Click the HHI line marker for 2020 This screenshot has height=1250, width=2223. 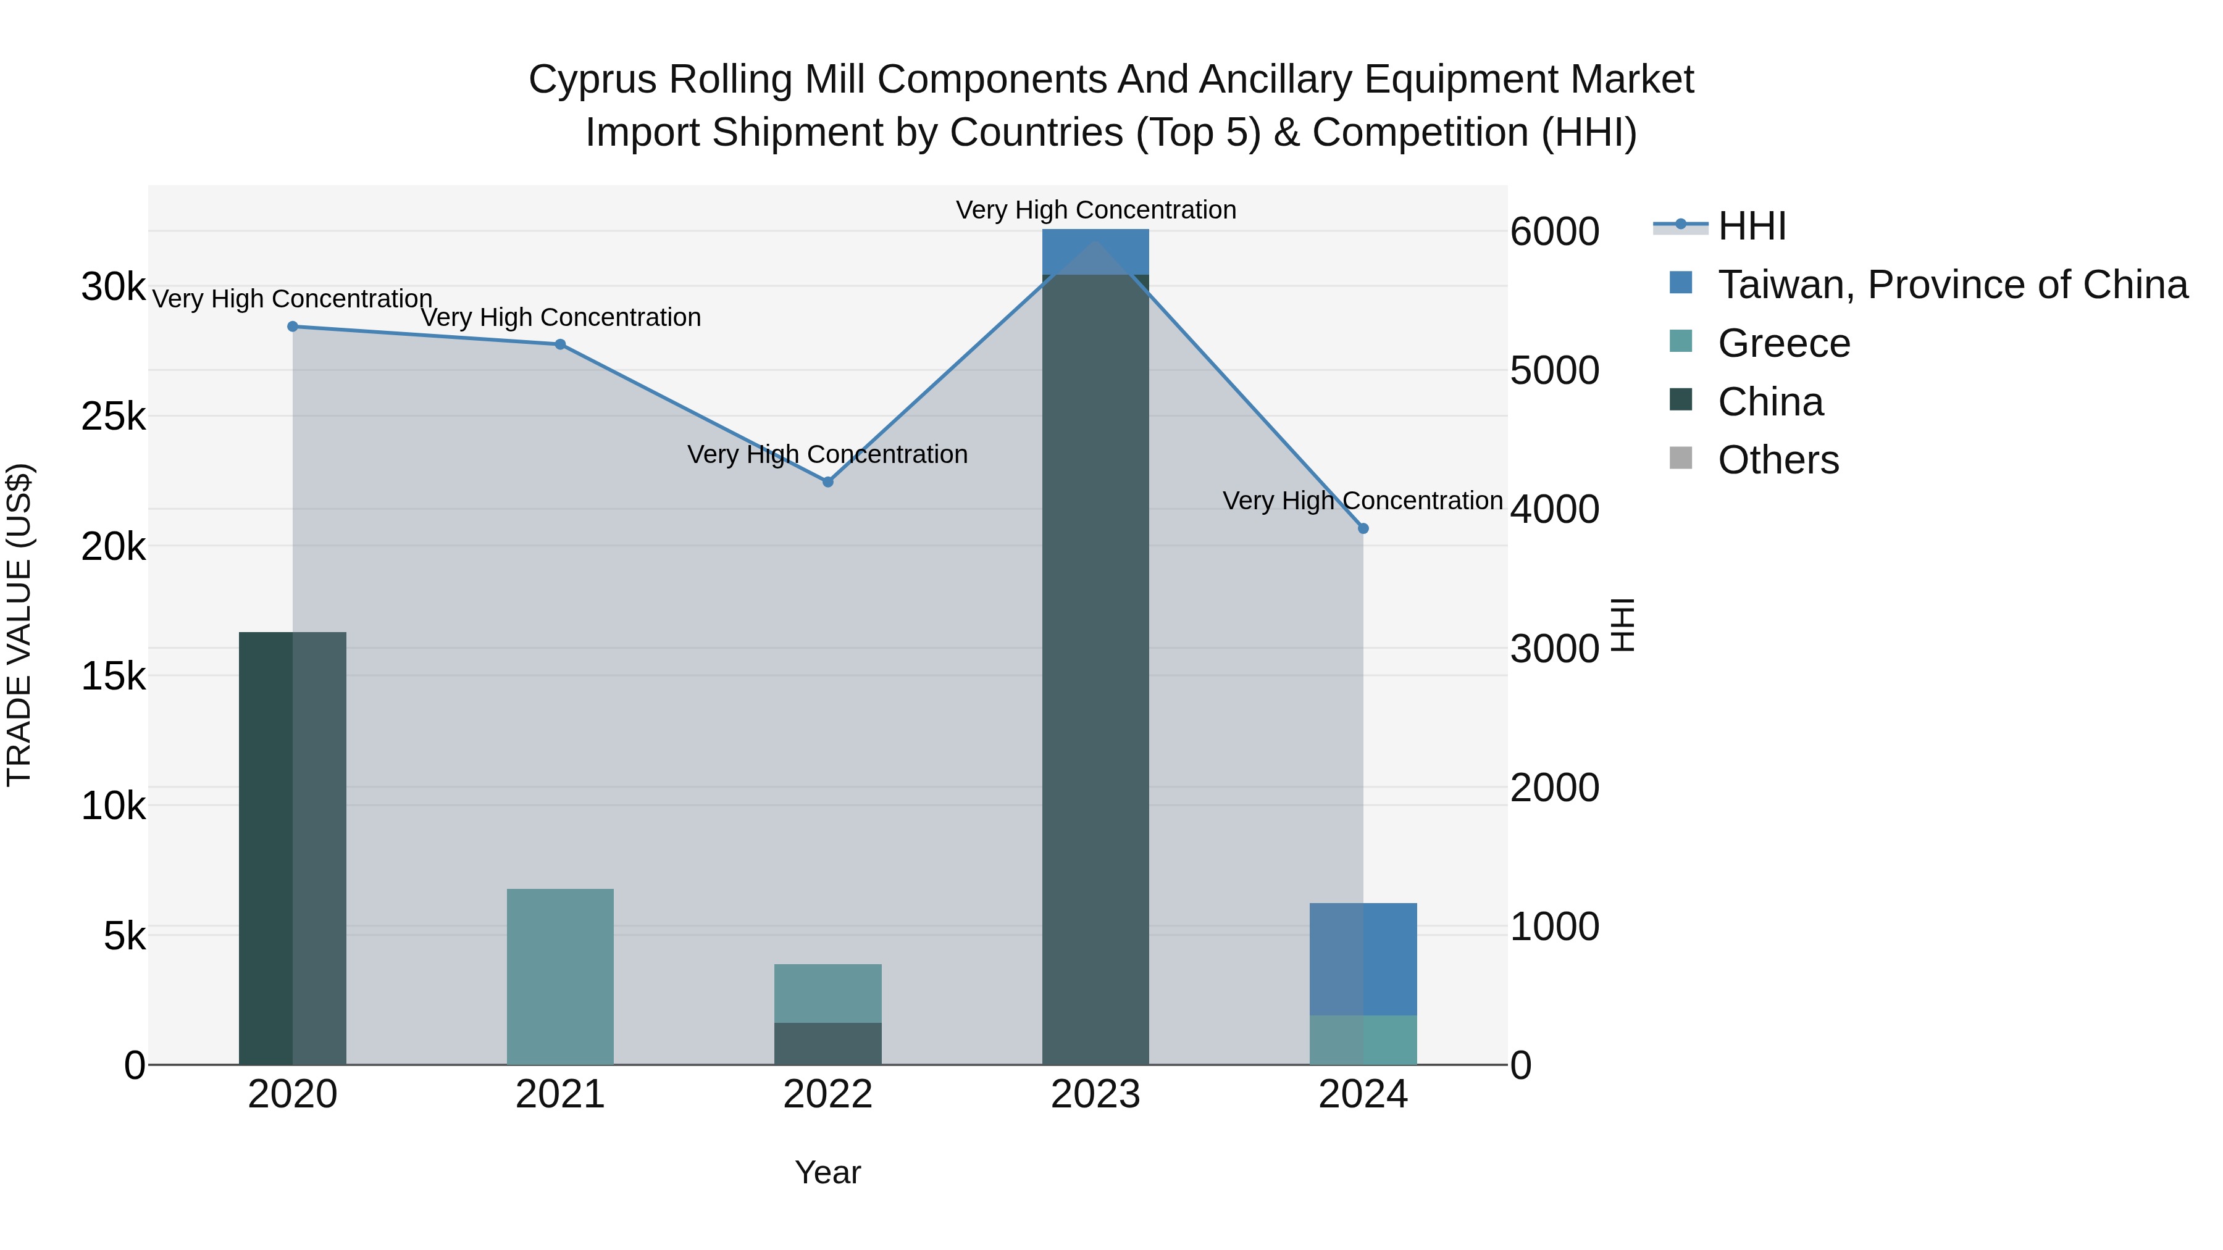[x=293, y=326]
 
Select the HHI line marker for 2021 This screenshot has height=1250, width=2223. [x=560, y=344]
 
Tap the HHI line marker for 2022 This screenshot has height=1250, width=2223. [x=827, y=481]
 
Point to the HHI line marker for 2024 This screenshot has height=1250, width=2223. [x=1363, y=528]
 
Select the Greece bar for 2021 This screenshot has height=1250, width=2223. [x=560, y=977]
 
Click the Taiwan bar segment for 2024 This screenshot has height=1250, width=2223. [x=1363, y=959]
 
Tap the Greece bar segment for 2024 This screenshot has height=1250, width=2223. [x=1363, y=1040]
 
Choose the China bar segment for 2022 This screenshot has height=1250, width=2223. [x=827, y=1044]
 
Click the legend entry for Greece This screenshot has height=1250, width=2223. [x=1783, y=343]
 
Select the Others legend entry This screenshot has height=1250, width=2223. [x=1778, y=460]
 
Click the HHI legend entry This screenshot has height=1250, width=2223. [x=1752, y=226]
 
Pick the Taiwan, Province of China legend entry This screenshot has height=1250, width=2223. [x=1952, y=285]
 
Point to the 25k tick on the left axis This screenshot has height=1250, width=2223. [x=113, y=417]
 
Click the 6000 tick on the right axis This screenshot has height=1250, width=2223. [x=1554, y=231]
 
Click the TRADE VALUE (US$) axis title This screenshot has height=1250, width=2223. [x=19, y=625]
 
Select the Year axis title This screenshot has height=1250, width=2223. [x=827, y=1172]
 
